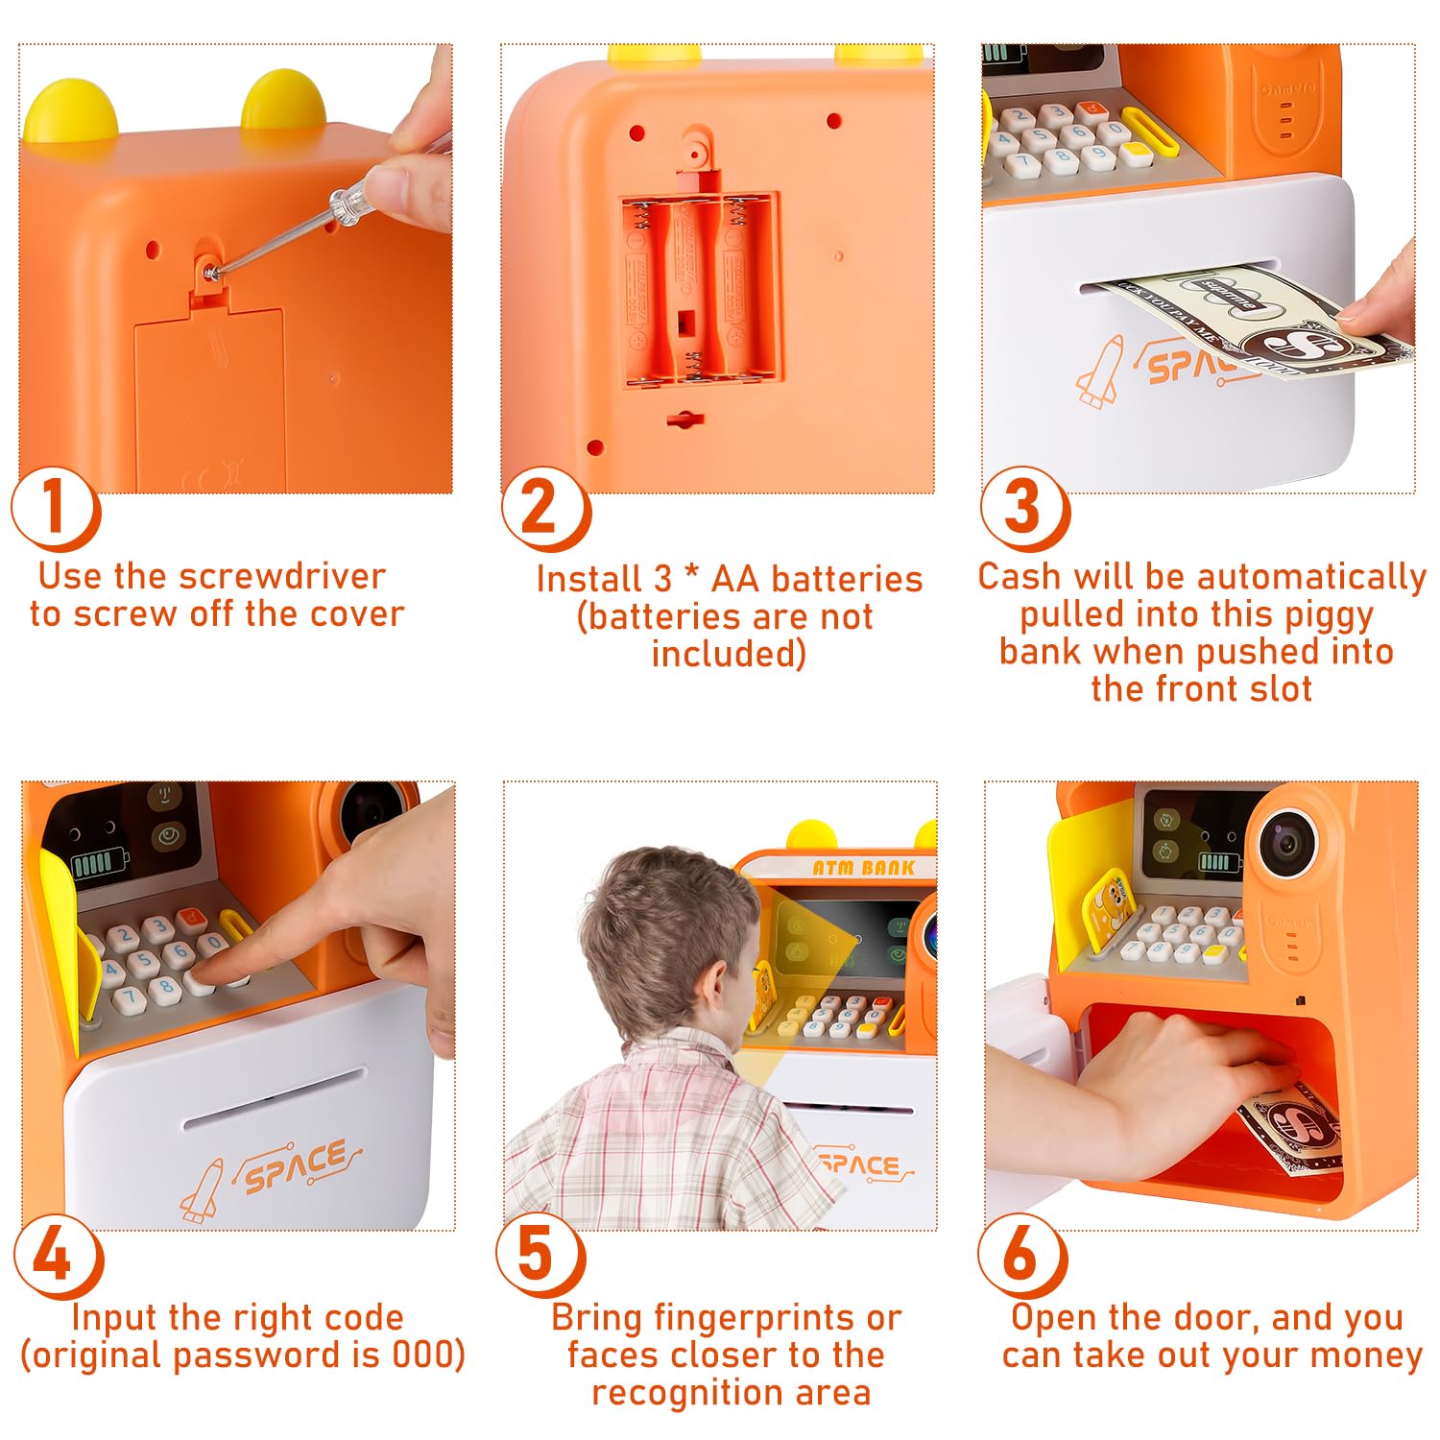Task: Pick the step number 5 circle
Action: [x=540, y=1257]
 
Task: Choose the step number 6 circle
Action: [x=1022, y=1257]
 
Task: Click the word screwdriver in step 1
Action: [x=282, y=576]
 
